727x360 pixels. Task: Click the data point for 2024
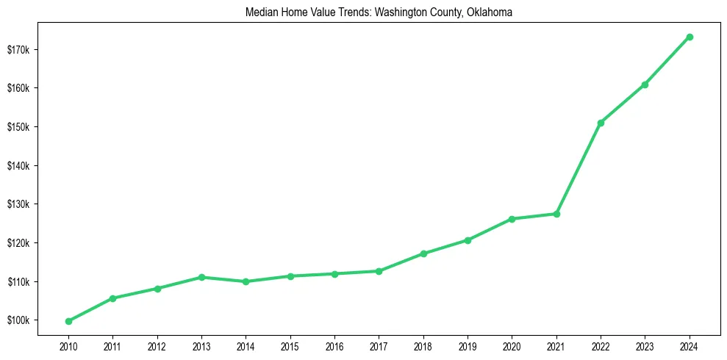coord(690,37)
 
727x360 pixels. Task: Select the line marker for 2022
coord(601,123)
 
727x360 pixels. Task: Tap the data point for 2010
coord(68,321)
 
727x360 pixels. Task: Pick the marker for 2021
coord(556,214)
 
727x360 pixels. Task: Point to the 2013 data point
coord(201,277)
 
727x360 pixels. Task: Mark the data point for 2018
coord(423,253)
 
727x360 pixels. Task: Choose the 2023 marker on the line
coord(645,84)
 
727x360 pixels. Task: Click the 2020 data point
coord(512,219)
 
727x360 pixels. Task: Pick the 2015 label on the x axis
coord(290,346)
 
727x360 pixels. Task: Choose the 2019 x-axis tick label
coord(468,346)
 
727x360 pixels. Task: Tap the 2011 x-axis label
coord(112,346)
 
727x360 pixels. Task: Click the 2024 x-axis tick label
coord(690,346)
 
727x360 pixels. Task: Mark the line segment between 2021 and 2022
coord(579,168)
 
